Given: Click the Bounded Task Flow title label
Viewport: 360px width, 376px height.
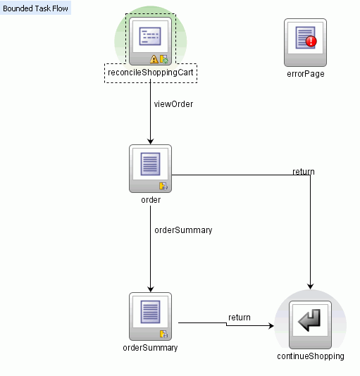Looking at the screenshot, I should point(36,8).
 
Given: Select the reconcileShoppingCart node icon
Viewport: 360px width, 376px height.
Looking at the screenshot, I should point(151,39).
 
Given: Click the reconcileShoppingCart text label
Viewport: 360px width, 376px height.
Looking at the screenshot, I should point(151,73).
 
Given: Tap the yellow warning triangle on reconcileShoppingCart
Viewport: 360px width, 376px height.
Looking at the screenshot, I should point(154,59).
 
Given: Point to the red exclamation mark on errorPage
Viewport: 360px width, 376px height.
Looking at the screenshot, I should point(312,42).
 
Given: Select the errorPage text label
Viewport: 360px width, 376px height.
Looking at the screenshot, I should point(306,73).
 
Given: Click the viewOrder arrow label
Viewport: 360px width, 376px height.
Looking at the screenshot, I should point(173,104).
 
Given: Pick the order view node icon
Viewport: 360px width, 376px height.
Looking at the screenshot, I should point(151,168).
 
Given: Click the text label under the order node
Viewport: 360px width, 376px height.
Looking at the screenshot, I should point(151,200).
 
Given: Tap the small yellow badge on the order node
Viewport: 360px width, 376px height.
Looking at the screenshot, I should point(163,186).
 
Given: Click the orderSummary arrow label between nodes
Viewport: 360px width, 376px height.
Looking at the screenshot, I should point(183,230).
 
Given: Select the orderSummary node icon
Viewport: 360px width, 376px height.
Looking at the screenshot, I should point(151,315).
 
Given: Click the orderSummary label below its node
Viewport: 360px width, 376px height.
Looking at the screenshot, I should point(151,348).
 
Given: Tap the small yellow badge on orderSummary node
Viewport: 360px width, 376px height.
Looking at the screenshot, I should point(163,334).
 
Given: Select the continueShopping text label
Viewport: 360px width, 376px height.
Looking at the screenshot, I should point(310,356).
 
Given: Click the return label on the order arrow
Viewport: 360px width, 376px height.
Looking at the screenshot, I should point(304,172).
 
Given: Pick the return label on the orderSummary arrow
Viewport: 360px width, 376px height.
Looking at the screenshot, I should point(239,318).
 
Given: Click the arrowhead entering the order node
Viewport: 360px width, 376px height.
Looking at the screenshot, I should point(151,141).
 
